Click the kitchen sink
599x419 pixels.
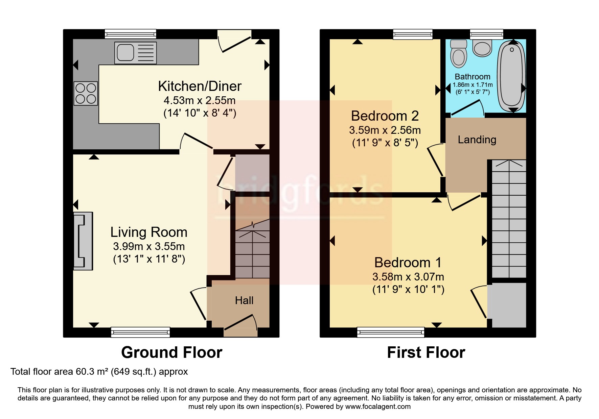coord(135,53)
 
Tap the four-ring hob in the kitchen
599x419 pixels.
coord(86,93)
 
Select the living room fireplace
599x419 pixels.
coord(83,241)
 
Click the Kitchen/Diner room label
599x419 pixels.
coord(200,86)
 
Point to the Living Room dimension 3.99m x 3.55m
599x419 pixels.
coord(149,246)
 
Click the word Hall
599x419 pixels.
coord(244,300)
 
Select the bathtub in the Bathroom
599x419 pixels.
coord(512,76)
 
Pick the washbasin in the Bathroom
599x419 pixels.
coord(482,48)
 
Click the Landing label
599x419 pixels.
coord(477,140)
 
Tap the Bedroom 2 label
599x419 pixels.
coord(385,116)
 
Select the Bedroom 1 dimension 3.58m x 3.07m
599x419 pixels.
coord(408,277)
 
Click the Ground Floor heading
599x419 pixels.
coord(171,352)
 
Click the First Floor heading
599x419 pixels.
coord(426,352)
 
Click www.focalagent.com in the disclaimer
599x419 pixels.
coord(378,406)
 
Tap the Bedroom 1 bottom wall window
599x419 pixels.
coord(391,332)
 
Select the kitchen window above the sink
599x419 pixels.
coord(131,34)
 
